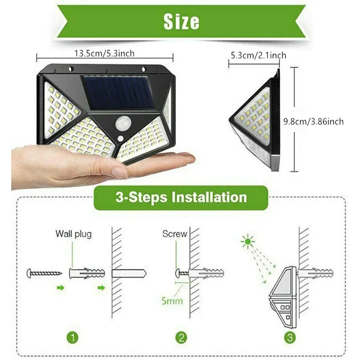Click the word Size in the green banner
point(181,21)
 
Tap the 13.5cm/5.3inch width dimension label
point(104,54)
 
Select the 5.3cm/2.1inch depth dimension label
point(258,55)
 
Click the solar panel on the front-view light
point(118,92)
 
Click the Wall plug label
point(73,234)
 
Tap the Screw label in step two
point(174,234)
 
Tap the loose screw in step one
point(44,273)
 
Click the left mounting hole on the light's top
point(70,69)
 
